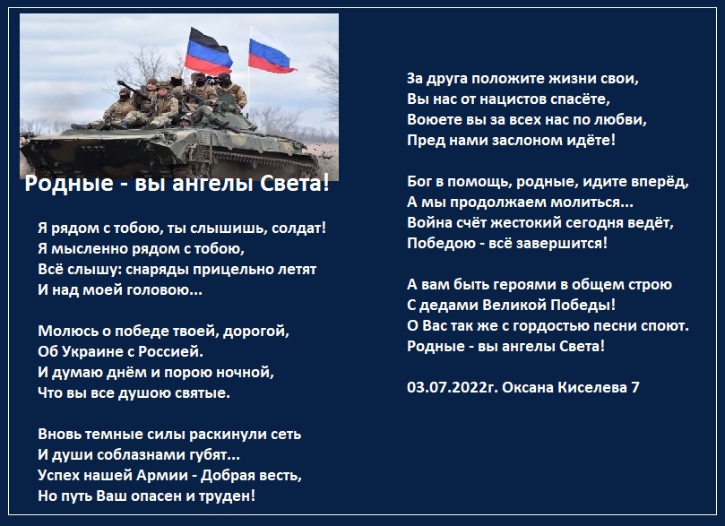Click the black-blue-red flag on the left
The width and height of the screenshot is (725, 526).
click(x=208, y=52)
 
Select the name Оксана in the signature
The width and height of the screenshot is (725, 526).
click(x=528, y=387)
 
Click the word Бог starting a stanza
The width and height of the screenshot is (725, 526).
click(x=419, y=182)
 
